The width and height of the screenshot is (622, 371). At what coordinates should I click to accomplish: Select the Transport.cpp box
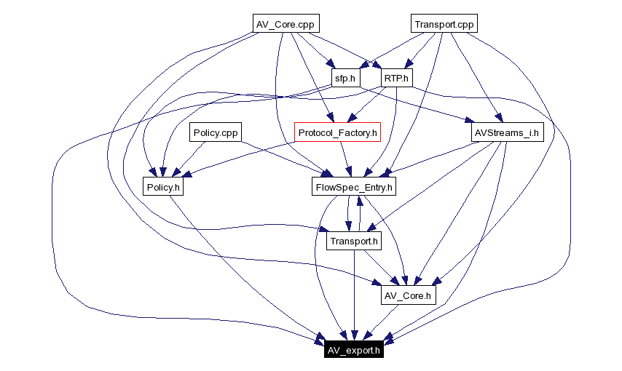(444, 24)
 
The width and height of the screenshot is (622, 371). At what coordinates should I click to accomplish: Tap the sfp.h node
(345, 78)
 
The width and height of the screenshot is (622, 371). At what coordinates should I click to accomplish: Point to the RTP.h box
(397, 78)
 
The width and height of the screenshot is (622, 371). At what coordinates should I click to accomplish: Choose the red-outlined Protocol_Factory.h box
(338, 132)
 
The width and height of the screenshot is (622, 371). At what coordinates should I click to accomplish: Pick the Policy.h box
(162, 187)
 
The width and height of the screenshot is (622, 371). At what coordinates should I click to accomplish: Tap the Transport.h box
(354, 242)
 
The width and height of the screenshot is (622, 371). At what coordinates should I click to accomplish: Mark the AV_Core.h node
(407, 295)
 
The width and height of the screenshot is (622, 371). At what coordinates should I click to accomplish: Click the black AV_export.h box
(353, 350)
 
